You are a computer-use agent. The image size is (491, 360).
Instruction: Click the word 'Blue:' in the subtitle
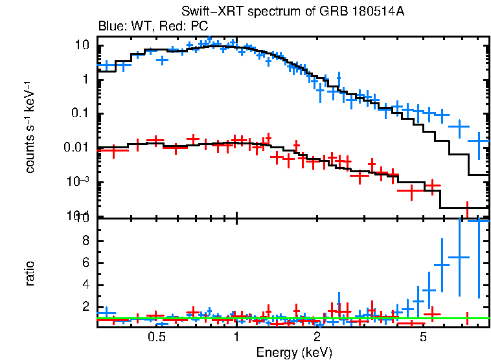tap(111, 27)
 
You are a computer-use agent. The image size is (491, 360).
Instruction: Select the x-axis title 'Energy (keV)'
tap(294, 353)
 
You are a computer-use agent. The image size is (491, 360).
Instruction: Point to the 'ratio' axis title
tap(30, 273)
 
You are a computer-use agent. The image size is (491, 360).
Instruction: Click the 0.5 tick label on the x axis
tap(155, 337)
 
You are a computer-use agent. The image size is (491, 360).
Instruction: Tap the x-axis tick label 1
tap(236, 337)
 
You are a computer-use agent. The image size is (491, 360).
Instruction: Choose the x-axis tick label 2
tap(317, 337)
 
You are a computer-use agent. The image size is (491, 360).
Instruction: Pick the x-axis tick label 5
tap(423, 337)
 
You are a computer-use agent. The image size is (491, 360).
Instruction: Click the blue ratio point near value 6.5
tap(459, 257)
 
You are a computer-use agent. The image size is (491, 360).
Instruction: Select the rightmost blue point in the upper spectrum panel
tap(479, 141)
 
